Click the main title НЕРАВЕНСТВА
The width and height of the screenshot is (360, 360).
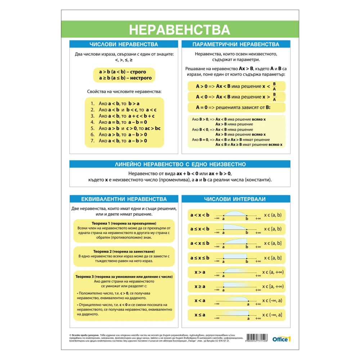click(x=179, y=30)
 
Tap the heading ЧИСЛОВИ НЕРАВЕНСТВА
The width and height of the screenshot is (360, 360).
click(x=123, y=44)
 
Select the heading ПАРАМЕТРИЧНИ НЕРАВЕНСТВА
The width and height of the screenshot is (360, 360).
click(x=236, y=44)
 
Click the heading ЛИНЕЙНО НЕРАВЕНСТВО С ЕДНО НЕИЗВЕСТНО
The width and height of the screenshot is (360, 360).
click(x=180, y=164)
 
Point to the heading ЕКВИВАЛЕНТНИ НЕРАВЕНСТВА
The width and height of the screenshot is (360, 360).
click(x=124, y=199)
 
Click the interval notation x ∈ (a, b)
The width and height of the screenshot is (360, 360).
click(x=273, y=215)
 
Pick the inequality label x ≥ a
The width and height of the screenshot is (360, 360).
click(x=200, y=286)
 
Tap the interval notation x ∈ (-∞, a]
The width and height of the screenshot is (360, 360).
click(x=273, y=315)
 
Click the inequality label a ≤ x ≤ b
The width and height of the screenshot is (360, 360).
click(x=200, y=258)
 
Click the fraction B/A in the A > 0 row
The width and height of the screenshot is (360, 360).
click(x=274, y=86)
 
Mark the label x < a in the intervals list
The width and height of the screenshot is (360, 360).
click(x=200, y=301)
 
